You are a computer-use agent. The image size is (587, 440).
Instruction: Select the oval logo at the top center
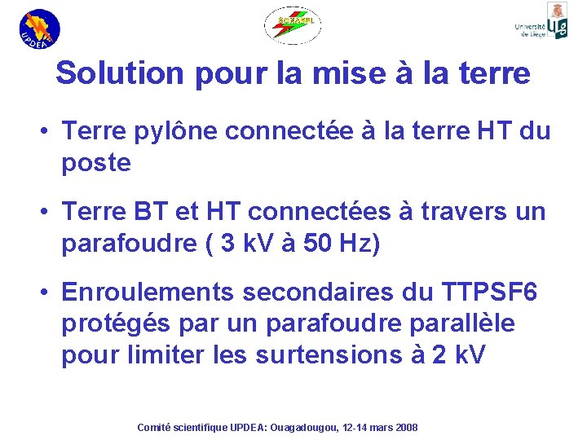pyautogui.click(x=292, y=24)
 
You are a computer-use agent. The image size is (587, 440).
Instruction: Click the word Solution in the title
pyautogui.click(x=121, y=73)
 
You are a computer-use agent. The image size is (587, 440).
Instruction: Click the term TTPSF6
pyautogui.click(x=489, y=293)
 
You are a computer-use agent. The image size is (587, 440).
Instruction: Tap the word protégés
pyautogui.click(x=113, y=324)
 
